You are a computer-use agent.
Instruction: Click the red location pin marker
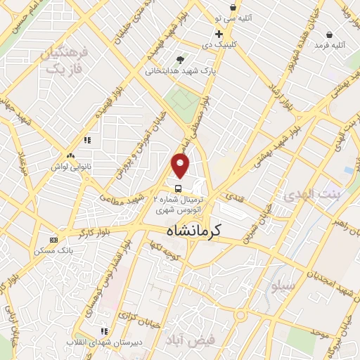pyautogui.click(x=181, y=166)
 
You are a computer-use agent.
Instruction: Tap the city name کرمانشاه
pyautogui.click(x=194, y=230)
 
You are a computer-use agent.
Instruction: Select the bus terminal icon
pyautogui.click(x=179, y=188)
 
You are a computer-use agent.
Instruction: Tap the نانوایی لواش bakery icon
pyautogui.click(x=70, y=156)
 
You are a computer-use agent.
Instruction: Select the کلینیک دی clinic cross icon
pyautogui.click(x=219, y=34)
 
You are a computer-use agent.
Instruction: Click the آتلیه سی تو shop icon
pyautogui.click(x=232, y=8)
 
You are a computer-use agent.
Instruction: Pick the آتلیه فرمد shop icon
pyautogui.click(x=330, y=34)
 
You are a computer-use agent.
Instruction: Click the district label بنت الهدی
pyautogui.click(x=310, y=195)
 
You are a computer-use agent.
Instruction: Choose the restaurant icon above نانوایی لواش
pyautogui.click(x=87, y=140)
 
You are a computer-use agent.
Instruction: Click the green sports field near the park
pyautogui.click(x=181, y=98)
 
